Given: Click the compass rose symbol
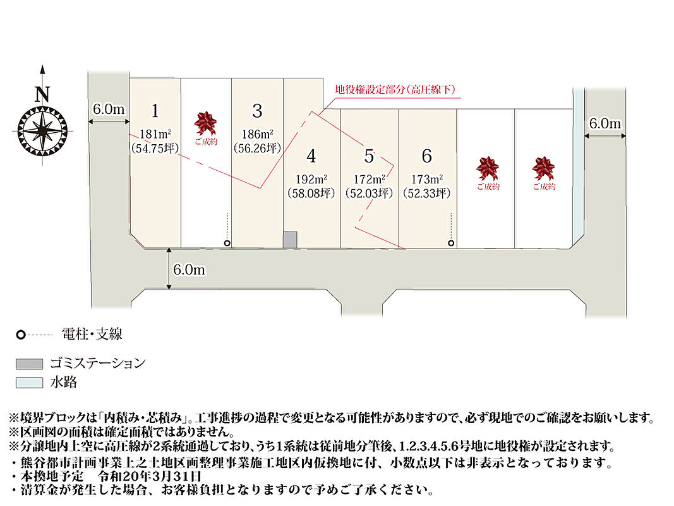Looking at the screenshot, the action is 42,130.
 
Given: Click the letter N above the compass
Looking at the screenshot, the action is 42,95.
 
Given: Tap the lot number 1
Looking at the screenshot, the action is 155,111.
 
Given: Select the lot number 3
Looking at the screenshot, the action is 256,111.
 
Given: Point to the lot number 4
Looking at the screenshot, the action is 310,156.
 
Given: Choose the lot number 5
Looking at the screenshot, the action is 369,156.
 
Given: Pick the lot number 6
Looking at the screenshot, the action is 427,156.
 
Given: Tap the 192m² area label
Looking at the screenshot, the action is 310,178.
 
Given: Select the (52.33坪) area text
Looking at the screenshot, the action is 427,193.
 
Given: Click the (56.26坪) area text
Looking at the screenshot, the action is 256,149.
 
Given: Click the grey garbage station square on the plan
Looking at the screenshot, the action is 289,240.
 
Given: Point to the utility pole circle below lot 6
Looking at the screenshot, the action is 451,243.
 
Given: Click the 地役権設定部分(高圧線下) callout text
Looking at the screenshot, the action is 394,89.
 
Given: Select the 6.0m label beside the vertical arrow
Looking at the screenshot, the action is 190,270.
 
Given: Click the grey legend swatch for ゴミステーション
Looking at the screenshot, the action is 30,364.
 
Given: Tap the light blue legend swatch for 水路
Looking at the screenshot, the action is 30,383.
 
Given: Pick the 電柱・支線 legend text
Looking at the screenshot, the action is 92,334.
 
